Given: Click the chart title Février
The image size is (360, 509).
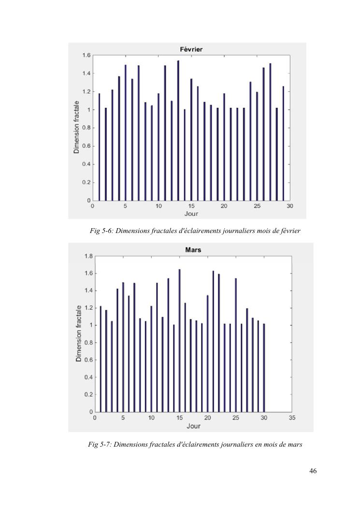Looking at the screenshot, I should (x=193, y=49).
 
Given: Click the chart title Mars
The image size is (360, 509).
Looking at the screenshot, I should (x=193, y=250).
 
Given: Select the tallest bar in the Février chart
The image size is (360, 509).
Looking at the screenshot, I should (x=178, y=131).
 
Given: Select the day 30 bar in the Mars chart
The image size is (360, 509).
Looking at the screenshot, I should (x=264, y=368).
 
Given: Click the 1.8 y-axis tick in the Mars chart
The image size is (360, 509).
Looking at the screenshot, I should (x=88, y=256).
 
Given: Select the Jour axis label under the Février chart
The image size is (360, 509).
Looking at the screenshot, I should (x=191, y=214).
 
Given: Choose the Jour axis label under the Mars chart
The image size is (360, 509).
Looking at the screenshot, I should (x=193, y=426).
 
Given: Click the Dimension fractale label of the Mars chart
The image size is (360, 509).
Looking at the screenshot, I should (x=79, y=334).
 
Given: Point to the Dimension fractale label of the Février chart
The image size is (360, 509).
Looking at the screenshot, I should (x=76, y=128).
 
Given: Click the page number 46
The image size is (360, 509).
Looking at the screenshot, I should (x=313, y=471).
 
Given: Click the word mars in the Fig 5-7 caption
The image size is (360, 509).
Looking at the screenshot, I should (x=295, y=444).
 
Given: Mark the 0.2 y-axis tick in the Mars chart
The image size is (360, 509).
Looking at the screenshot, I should (x=88, y=394).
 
